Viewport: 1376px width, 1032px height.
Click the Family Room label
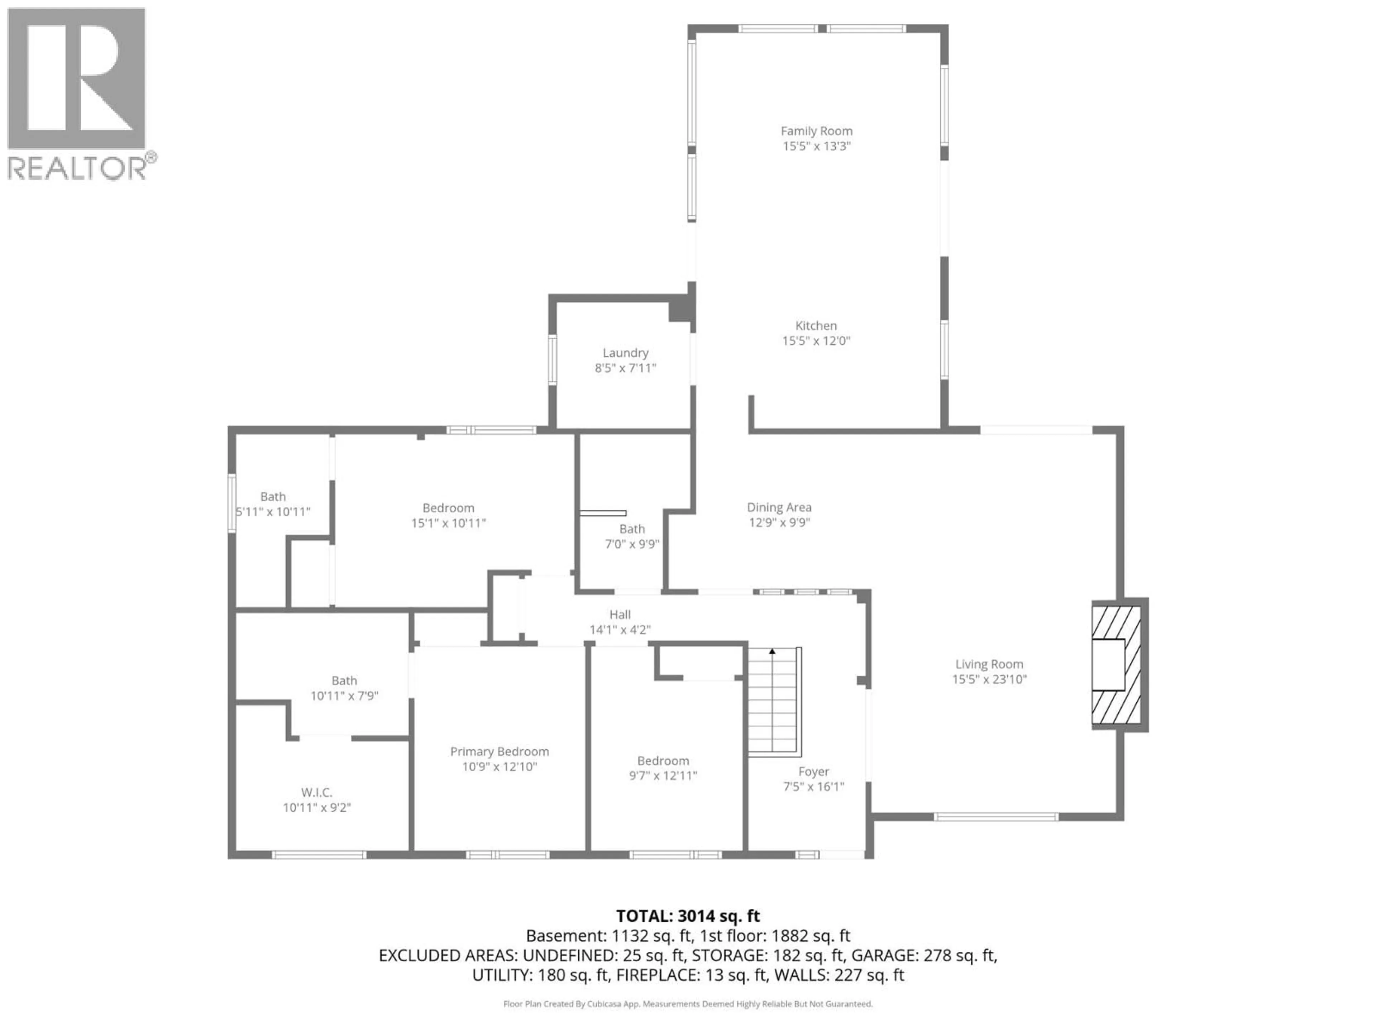tap(816, 131)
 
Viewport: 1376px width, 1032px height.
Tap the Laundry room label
tap(625, 353)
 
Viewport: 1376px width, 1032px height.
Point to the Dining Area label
tap(779, 508)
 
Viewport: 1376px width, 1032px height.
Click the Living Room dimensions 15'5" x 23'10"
tap(989, 679)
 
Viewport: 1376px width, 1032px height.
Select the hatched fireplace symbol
tap(1117, 664)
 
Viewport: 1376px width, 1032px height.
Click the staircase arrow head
tap(772, 651)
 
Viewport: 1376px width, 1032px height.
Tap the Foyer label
tap(813, 771)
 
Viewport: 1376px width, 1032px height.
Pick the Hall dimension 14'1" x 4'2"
tap(620, 630)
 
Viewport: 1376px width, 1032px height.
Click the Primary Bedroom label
tap(500, 751)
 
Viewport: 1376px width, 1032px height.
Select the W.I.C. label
tap(317, 793)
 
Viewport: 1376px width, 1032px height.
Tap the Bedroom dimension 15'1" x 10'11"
tap(448, 523)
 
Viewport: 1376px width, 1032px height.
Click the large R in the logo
tap(78, 78)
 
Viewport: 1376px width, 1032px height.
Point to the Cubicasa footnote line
tap(687, 1003)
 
